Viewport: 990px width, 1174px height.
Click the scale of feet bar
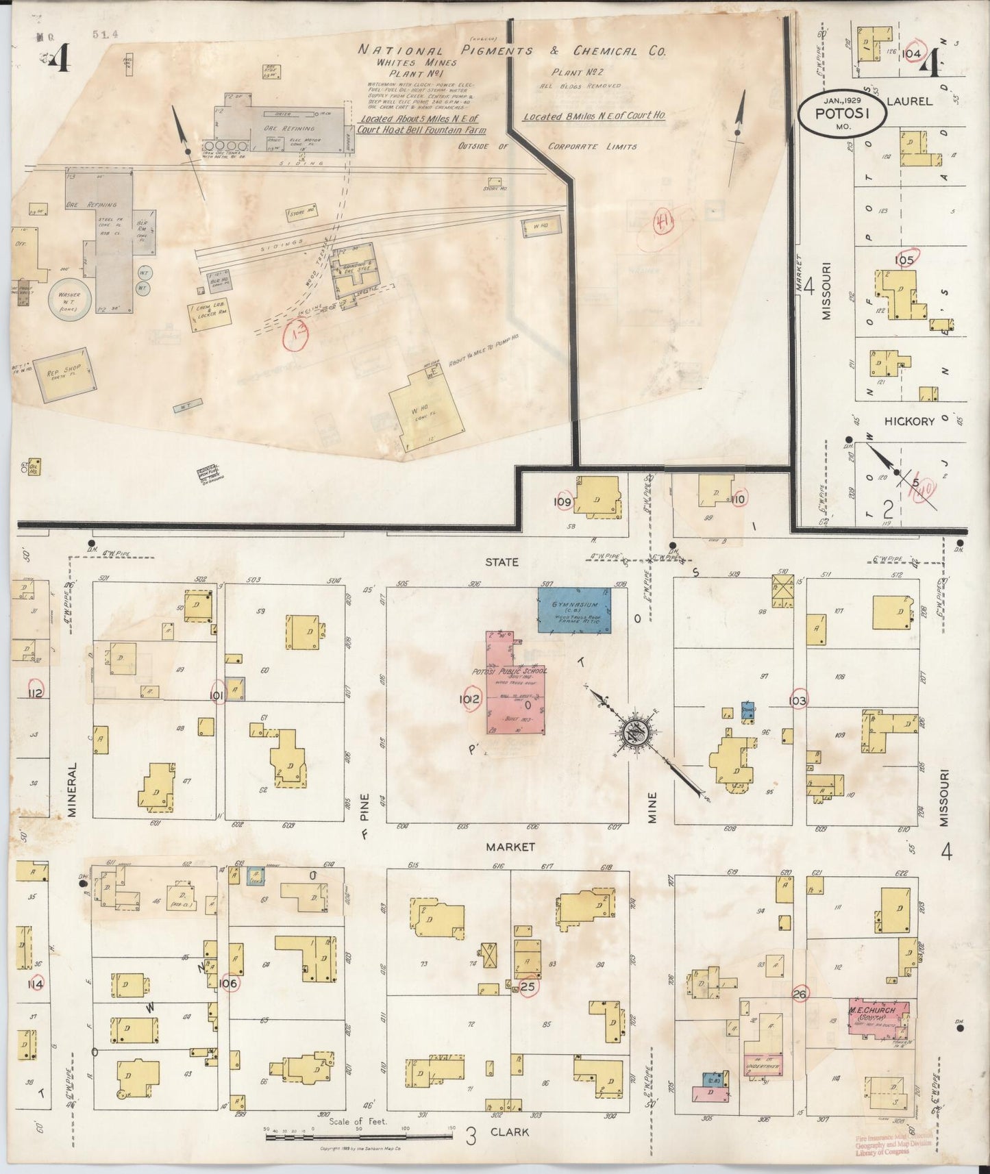point(358,1136)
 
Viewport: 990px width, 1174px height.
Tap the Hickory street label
point(909,421)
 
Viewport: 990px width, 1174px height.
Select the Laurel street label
point(909,101)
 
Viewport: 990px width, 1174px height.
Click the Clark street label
point(510,1132)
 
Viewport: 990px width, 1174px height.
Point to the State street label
point(502,562)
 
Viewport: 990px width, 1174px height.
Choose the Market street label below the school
point(510,847)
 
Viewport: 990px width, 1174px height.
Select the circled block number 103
point(797,701)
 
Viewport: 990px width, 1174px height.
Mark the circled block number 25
point(528,986)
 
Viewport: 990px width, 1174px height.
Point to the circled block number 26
point(799,994)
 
